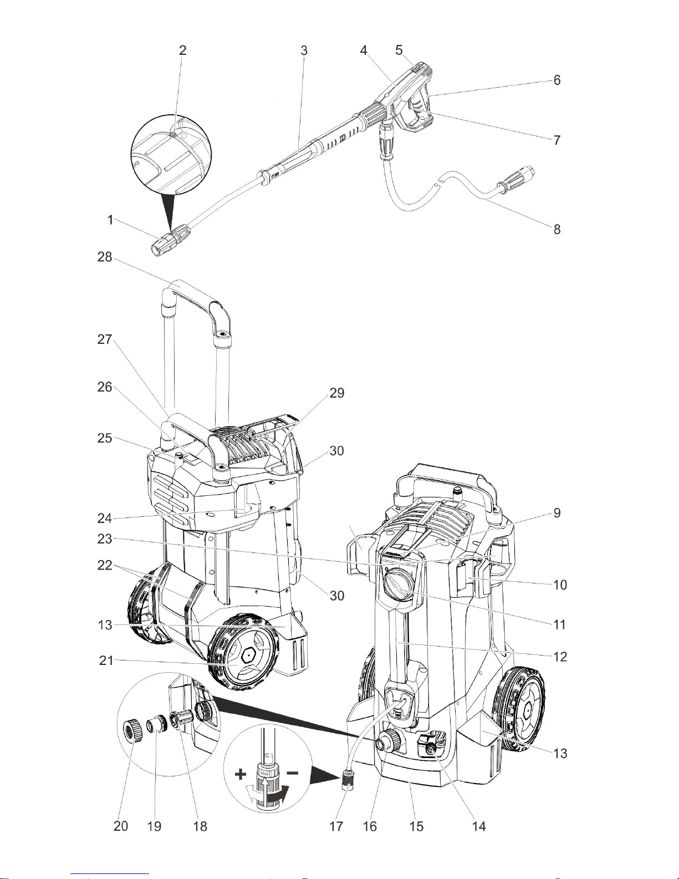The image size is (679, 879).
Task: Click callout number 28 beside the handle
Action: tap(105, 257)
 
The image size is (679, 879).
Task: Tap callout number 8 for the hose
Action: tap(557, 230)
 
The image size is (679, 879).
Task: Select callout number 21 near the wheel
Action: tap(106, 660)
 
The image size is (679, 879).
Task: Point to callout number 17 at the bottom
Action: tap(336, 826)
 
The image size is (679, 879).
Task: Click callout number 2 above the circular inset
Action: tap(183, 50)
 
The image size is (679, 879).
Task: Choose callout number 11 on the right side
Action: tap(559, 624)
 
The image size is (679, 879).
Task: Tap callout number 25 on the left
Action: tap(105, 438)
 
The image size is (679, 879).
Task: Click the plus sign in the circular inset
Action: tap(241, 774)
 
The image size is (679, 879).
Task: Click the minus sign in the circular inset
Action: tap(292, 773)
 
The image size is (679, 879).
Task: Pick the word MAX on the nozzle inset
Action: tap(265, 774)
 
